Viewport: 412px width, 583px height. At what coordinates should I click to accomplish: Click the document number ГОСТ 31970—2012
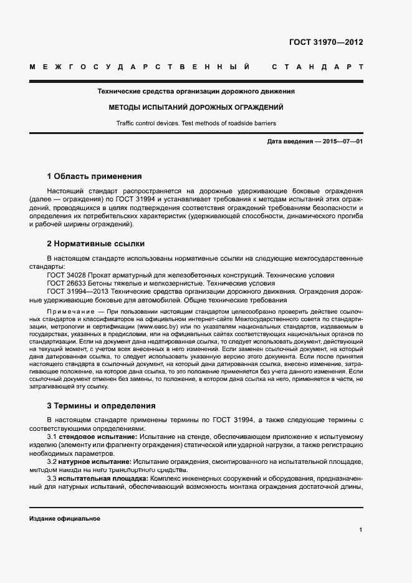tap(326, 42)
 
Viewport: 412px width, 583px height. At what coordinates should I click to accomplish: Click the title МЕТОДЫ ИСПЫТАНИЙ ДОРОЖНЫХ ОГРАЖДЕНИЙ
tap(196, 107)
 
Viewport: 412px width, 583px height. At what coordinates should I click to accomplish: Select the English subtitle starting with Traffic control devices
tap(196, 123)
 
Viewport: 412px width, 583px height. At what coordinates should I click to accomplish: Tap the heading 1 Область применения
tap(94, 176)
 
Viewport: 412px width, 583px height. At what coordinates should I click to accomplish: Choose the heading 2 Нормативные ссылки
tap(96, 244)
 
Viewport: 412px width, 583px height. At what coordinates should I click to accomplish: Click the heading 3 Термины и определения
tap(101, 406)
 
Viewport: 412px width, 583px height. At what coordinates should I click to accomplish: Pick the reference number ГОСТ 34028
tap(69, 275)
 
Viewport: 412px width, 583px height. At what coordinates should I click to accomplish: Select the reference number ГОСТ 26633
tap(69, 282)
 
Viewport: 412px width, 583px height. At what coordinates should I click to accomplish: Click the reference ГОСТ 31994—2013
tap(79, 291)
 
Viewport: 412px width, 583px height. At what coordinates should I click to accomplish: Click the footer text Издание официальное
tap(64, 519)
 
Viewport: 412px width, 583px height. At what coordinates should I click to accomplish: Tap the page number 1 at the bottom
tap(361, 530)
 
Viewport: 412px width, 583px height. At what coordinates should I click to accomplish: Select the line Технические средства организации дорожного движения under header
tap(196, 91)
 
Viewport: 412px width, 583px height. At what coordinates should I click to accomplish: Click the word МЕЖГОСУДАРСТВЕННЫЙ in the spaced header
tap(140, 67)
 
